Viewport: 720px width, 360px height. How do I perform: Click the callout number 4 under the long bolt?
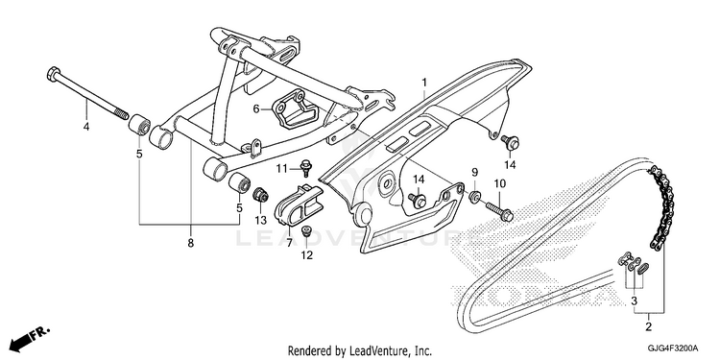click(x=86, y=127)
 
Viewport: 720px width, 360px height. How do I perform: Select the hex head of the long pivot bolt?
click(x=54, y=74)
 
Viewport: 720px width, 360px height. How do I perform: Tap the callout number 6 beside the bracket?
click(x=256, y=108)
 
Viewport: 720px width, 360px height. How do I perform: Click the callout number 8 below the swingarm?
click(x=191, y=243)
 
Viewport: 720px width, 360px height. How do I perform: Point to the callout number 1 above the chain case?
click(x=424, y=83)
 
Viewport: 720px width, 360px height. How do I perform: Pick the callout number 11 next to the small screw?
click(x=281, y=169)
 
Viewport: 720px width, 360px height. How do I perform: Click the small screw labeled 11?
click(x=305, y=167)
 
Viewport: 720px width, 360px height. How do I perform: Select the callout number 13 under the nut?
click(x=261, y=220)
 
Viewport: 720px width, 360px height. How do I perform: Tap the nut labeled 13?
click(x=261, y=196)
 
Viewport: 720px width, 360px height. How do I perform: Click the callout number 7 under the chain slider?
click(x=289, y=243)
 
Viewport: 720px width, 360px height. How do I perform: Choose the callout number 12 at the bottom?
click(x=307, y=255)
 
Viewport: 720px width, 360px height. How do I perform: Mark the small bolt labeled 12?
click(x=306, y=229)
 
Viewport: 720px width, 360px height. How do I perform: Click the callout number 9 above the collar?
click(x=474, y=173)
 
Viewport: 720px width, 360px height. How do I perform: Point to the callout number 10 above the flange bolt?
click(x=500, y=183)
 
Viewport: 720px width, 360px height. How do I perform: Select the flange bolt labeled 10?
click(x=499, y=210)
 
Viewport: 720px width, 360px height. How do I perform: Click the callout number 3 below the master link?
click(x=635, y=301)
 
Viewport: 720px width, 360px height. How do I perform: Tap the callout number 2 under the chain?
click(x=648, y=327)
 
